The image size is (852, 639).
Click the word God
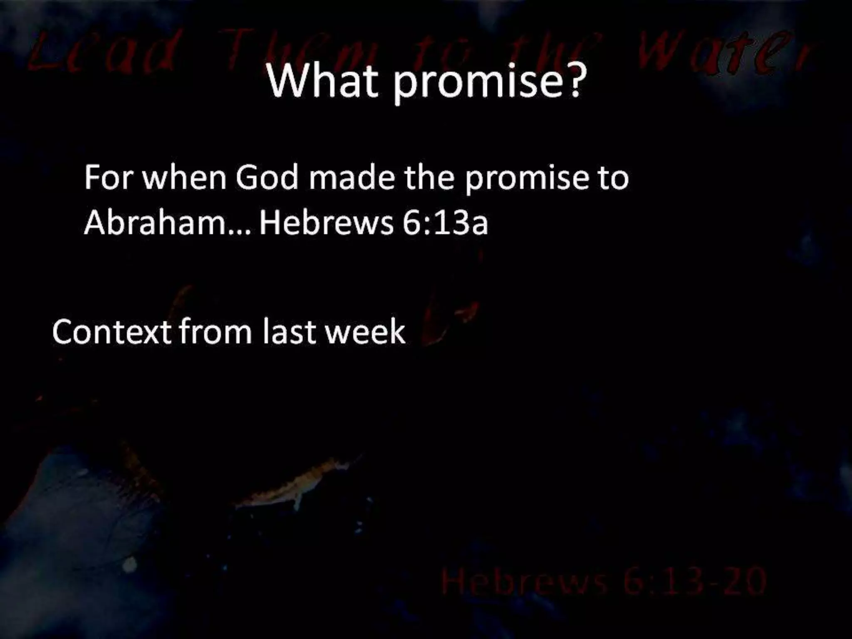(267, 178)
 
